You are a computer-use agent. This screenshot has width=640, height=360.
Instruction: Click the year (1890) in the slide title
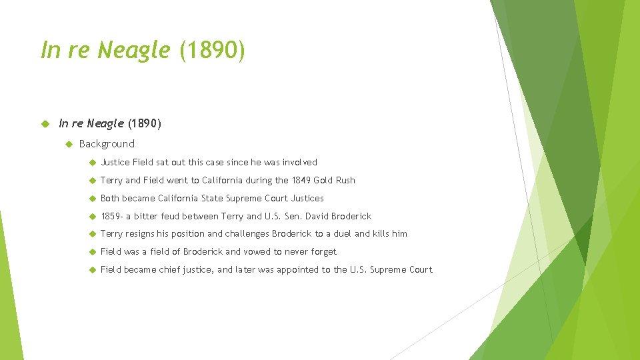point(212,50)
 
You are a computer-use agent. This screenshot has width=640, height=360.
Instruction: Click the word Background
point(107,144)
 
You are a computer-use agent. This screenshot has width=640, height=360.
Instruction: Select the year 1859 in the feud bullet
point(110,216)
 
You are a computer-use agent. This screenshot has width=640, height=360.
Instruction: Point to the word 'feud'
point(178,216)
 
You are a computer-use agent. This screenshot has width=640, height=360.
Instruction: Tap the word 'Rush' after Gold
point(345,180)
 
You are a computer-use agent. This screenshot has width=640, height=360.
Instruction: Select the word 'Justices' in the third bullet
point(307,198)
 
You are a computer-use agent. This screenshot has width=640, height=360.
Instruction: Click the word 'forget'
point(323,252)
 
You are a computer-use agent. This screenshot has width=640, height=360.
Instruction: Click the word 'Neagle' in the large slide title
point(134,50)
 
